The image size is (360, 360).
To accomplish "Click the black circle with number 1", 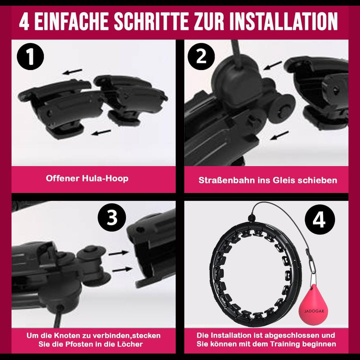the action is (x=30, y=56).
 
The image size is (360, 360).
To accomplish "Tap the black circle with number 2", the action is (x=201, y=56).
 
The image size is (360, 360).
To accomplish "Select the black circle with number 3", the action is (x=112, y=217).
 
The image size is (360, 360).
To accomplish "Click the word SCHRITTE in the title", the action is (x=151, y=21).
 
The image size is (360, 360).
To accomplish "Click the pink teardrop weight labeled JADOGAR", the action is (x=313, y=305).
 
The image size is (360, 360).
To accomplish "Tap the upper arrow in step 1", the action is (x=72, y=71).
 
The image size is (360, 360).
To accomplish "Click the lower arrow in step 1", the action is (x=101, y=132).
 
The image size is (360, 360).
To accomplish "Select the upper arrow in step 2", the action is (x=272, y=65).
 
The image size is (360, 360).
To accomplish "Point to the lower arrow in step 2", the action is (x=279, y=135).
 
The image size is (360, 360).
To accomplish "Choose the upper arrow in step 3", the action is (x=118, y=253).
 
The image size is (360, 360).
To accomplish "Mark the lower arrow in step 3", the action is (x=122, y=269).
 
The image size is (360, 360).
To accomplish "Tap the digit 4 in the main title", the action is (x=24, y=21).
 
